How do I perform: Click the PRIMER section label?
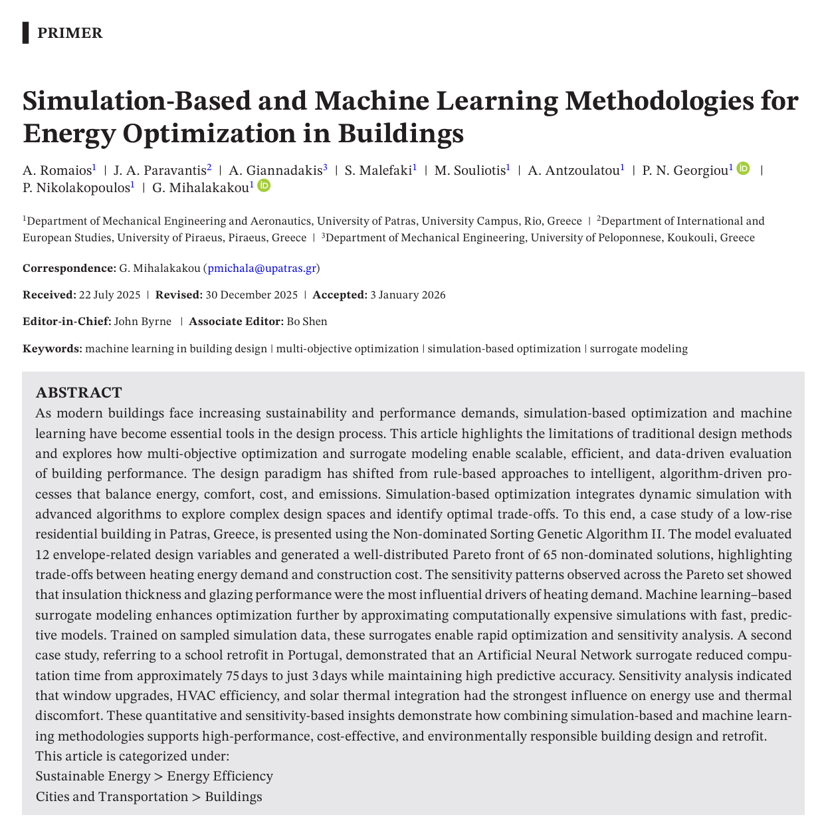(70, 33)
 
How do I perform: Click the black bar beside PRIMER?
(25, 33)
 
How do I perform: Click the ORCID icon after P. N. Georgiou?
(744, 169)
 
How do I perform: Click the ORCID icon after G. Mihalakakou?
(264, 186)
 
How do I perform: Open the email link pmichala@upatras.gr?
(262, 269)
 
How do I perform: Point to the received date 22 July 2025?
(110, 295)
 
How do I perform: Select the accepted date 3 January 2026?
(407, 295)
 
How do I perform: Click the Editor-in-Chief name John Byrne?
(143, 322)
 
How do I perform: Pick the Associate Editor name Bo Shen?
(306, 322)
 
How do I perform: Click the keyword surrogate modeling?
(639, 348)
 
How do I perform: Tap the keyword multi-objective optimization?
(348, 348)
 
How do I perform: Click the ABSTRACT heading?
(78, 392)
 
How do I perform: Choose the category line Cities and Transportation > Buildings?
(149, 796)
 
